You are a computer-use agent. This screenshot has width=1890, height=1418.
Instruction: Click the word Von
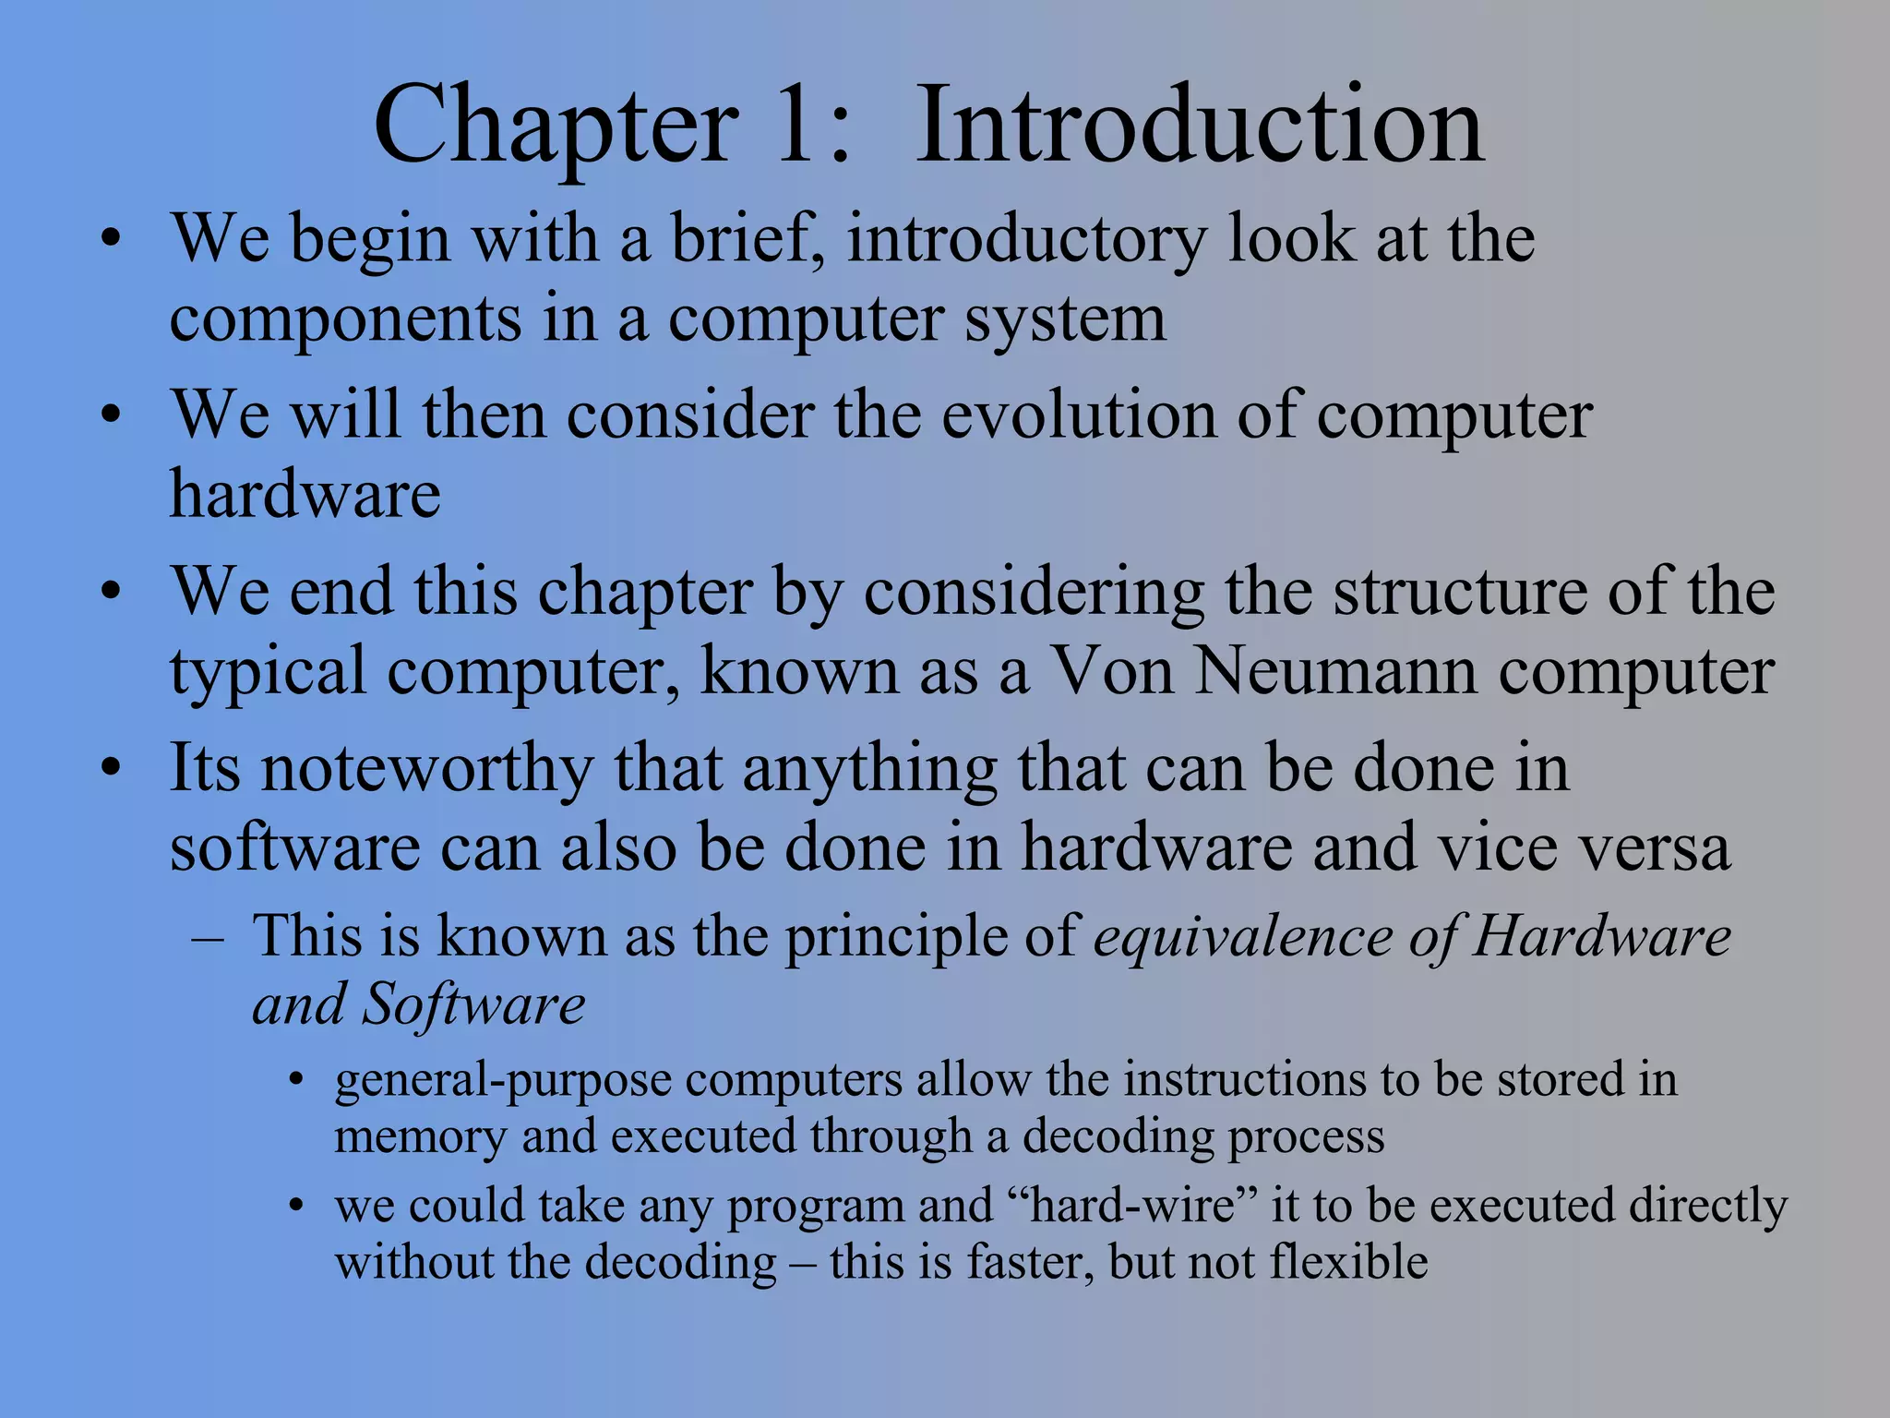point(1113,671)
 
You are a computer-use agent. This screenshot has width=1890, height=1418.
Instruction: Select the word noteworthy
point(427,770)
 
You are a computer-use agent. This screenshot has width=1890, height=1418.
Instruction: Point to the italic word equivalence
point(1242,937)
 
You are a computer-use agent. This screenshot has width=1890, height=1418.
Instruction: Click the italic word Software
point(473,1004)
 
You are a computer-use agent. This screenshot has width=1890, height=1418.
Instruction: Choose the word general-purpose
point(503,1081)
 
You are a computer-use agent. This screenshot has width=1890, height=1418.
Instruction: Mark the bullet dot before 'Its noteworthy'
point(112,768)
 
